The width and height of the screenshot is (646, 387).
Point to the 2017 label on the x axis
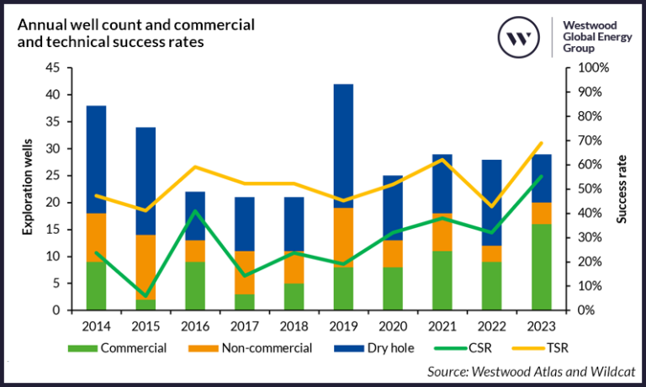coord(244,323)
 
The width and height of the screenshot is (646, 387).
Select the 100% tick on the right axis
coord(582,67)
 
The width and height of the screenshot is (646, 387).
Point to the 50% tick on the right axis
coord(580,189)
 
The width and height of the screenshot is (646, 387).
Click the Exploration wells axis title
coord(28,189)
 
